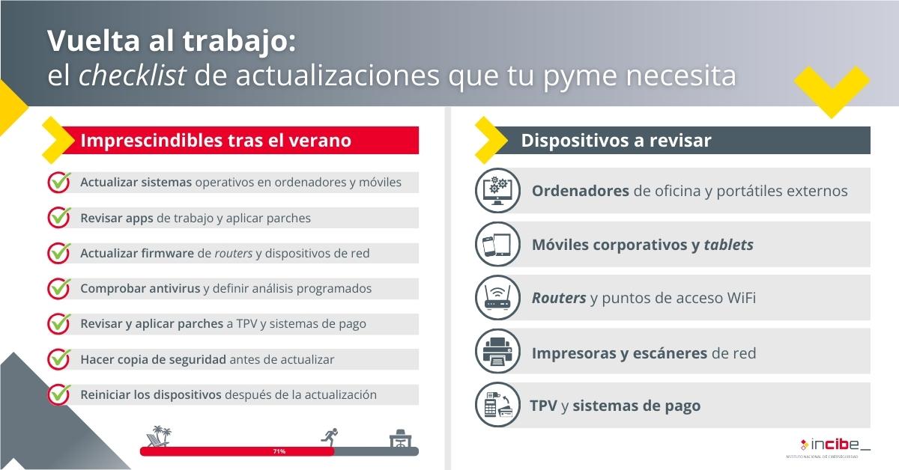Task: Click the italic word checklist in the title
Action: (133, 76)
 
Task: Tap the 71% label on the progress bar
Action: (279, 451)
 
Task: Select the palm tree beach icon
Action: (159, 436)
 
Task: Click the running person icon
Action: (330, 437)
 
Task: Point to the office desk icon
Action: (400, 439)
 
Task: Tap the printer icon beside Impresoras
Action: (497, 351)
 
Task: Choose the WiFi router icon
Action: (497, 298)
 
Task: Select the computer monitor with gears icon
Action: (497, 191)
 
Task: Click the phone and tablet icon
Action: (497, 244)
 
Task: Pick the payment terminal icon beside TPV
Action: (497, 405)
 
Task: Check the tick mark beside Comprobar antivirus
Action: (59, 288)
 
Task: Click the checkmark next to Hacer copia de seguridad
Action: (59, 359)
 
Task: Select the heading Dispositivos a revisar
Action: (616, 141)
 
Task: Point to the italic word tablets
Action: (728, 245)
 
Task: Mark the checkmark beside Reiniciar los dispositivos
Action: (59, 394)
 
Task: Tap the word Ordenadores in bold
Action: (581, 191)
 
